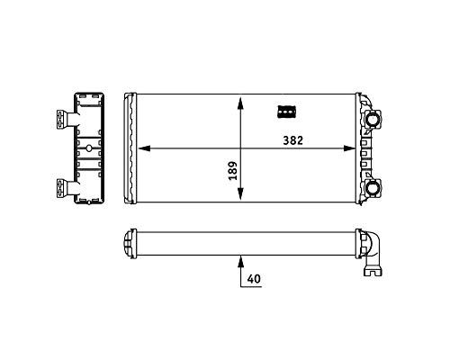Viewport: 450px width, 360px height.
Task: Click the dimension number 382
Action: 292,140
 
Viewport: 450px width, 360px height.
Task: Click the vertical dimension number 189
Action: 233,171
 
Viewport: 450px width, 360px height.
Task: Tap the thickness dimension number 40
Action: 254,279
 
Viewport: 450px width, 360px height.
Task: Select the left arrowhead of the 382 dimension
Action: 144,148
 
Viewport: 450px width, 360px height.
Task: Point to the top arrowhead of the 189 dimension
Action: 240,103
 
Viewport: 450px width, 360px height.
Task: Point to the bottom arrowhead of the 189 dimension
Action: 240,193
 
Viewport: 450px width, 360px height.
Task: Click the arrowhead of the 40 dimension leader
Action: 240,261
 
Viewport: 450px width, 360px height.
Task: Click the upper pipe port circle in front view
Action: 372,119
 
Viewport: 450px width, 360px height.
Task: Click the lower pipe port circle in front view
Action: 372,187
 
